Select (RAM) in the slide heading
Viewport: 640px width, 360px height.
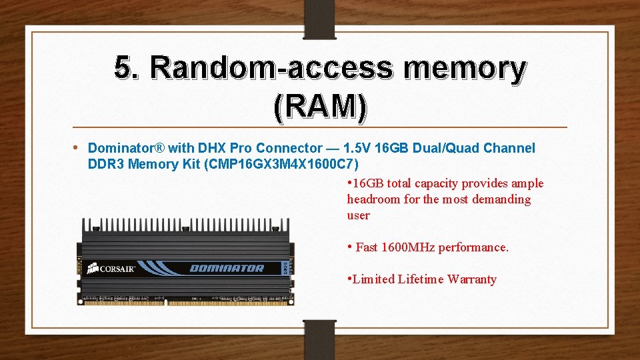(x=320, y=106)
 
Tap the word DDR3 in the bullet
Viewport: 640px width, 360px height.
(x=107, y=164)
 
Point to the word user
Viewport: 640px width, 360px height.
(x=358, y=215)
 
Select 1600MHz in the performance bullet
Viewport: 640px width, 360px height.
(x=408, y=247)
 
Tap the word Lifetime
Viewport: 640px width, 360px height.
(x=421, y=279)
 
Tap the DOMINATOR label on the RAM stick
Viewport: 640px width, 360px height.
(x=227, y=269)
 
